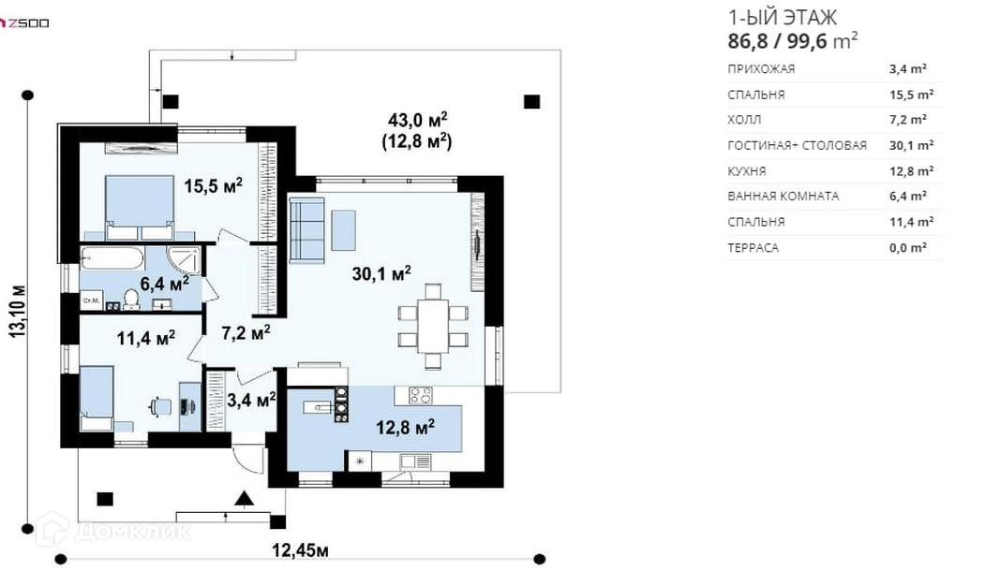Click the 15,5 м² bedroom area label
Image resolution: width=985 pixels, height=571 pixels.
(x=213, y=185)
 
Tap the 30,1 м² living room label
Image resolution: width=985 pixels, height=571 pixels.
(x=381, y=273)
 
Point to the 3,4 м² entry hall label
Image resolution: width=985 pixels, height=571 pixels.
(x=251, y=399)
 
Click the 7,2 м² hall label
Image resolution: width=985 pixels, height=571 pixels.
(x=246, y=332)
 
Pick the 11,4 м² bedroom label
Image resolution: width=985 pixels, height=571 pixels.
(x=146, y=338)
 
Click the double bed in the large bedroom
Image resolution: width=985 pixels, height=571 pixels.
(x=140, y=207)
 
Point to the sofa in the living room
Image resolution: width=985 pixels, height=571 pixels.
(x=306, y=229)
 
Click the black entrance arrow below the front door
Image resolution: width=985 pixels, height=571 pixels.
(x=244, y=499)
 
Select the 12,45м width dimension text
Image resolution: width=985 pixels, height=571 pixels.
(x=300, y=550)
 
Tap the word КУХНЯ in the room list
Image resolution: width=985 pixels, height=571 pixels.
(x=747, y=171)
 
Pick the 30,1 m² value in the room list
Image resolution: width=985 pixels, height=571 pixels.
(x=911, y=145)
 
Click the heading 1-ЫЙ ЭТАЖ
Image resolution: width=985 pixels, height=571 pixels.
(x=782, y=17)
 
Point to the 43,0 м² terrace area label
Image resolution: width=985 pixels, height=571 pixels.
(x=417, y=119)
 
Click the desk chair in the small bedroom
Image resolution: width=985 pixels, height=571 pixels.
(x=161, y=406)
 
